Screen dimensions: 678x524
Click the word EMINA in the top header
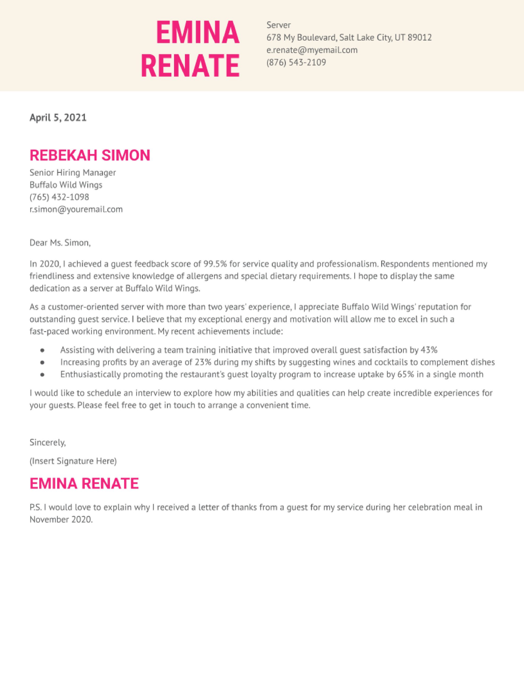tap(198, 32)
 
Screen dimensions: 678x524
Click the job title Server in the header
tap(279, 25)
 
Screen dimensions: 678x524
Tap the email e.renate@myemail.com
tap(312, 50)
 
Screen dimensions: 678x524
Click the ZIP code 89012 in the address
tap(419, 38)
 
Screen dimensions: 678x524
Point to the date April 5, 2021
tap(58, 117)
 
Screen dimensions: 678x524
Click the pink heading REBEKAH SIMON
tap(90, 155)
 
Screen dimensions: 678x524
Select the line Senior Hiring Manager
tap(73, 173)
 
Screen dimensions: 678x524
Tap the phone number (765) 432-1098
tap(59, 197)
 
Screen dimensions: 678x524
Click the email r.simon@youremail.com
tap(76, 209)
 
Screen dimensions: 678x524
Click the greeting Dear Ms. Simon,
tap(60, 243)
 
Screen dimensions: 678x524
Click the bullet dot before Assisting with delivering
tap(43, 350)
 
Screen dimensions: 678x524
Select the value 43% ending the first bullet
tap(429, 350)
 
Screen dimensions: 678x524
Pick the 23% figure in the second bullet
tap(203, 362)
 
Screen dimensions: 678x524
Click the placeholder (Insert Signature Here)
tap(73, 461)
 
